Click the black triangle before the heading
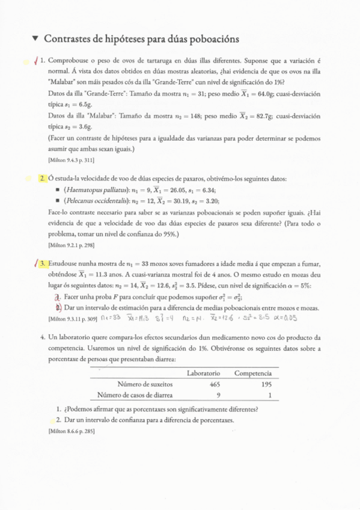coord(35,38)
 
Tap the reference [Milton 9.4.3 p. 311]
coord(70,160)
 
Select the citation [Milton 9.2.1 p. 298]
coord(70,245)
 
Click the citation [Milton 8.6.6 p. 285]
coord(70,431)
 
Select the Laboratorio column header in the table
coord(204,373)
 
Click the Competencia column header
coord(253,373)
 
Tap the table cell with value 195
coord(266,384)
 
